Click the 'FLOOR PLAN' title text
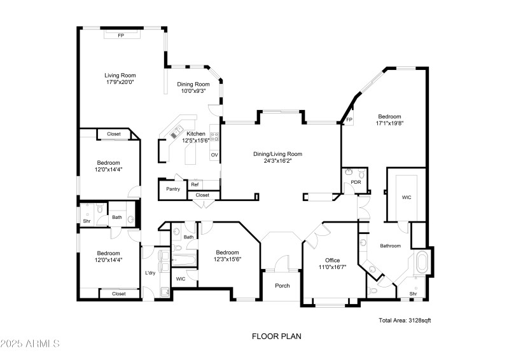tap(276, 336)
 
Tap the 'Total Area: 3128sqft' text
tap(405, 321)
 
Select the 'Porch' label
tap(282, 286)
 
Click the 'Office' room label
tap(332, 260)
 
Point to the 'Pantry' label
tap(172, 189)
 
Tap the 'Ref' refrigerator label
tap(195, 184)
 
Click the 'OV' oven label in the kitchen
tap(214, 155)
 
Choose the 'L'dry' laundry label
tap(150, 273)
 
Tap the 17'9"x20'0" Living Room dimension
tap(120, 82)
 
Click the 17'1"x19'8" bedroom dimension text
tap(389, 123)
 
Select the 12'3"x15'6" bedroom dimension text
tap(227, 259)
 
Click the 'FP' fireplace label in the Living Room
tap(120, 36)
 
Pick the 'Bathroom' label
tap(390, 246)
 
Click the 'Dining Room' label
tap(193, 84)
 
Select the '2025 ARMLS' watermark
tap(30, 343)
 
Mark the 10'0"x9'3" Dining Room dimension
tap(193, 91)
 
